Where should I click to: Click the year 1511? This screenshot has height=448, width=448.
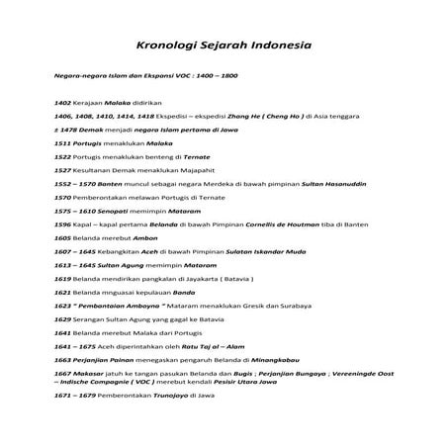tap(63, 143)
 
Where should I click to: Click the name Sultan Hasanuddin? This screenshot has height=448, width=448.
tap(334, 184)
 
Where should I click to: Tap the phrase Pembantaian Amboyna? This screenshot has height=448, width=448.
tap(115, 307)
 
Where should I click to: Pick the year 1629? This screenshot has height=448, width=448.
tap(63, 319)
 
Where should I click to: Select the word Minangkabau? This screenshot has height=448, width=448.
tap(261, 361)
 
